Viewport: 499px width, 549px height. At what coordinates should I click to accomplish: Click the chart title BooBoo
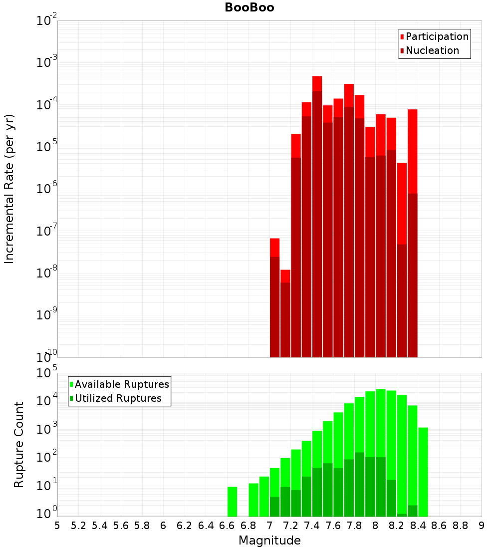249,7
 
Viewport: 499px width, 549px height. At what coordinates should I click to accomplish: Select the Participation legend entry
437,36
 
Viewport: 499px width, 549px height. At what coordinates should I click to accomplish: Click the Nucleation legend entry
432,50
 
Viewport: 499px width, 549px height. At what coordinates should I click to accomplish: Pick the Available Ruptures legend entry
122,384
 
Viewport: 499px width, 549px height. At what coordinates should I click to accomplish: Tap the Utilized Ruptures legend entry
118,398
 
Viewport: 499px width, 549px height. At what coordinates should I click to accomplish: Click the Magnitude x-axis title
269,541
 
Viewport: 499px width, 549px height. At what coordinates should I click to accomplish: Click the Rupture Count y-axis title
19,445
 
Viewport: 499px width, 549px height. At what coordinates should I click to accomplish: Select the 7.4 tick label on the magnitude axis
312,525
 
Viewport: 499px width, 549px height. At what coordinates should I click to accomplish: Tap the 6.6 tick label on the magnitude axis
227,525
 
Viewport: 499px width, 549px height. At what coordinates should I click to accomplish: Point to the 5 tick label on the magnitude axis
57,525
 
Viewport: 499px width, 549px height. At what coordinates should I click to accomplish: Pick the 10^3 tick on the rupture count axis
47,429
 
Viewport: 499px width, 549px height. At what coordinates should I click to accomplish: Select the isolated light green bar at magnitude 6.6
232,502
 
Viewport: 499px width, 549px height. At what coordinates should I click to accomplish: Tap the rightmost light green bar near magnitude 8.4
423,472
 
